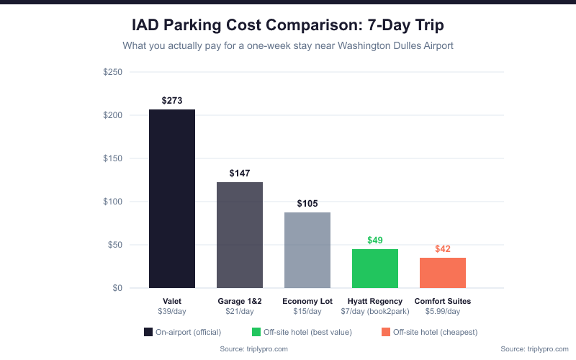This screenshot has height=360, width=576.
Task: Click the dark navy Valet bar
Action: (172, 199)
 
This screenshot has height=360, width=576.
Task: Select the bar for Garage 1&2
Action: (240, 235)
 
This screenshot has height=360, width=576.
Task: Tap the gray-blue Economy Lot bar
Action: (307, 250)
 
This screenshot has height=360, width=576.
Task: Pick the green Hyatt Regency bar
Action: (375, 269)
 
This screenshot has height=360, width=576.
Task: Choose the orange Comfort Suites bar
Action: (443, 272)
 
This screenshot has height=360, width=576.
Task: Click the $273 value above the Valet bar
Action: (172, 101)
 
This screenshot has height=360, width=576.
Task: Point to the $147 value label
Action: (240, 174)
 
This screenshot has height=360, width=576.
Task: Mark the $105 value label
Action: (307, 204)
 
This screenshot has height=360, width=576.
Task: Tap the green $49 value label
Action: (375, 240)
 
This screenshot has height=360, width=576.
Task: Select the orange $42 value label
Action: (443, 249)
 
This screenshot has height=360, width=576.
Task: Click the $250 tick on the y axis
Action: (112, 72)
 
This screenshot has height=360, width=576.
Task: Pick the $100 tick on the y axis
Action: (112, 202)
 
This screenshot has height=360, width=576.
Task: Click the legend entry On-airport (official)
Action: (183, 332)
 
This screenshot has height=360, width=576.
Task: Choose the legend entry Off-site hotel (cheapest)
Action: (429, 332)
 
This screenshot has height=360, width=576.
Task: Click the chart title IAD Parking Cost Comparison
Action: (288, 26)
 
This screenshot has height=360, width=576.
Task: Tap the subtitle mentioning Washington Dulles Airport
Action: (288, 46)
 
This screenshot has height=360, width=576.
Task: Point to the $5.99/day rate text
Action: (443, 311)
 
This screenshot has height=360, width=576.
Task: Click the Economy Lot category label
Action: (307, 301)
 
